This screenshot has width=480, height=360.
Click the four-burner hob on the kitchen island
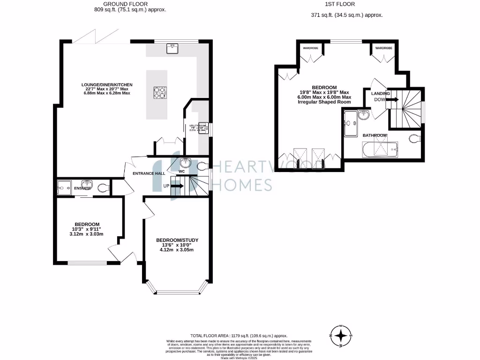coord(160,93)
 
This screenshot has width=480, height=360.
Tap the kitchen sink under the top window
coord(172,48)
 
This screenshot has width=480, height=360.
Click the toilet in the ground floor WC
coord(202,165)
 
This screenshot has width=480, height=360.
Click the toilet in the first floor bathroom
coord(415,139)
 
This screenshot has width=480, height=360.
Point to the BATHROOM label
coord(375,135)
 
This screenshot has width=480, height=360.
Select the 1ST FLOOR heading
coord(346,3)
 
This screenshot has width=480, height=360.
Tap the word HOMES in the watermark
coord(242,185)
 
